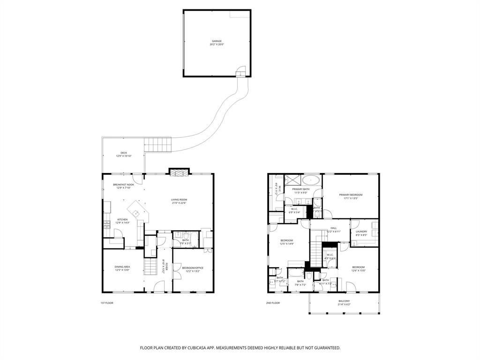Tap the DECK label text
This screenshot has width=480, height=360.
[123, 153]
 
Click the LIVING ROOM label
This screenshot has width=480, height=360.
[179, 201]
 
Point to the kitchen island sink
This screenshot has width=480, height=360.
[137, 213]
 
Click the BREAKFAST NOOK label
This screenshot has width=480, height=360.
[123, 186]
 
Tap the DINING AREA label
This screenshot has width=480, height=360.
[123, 268]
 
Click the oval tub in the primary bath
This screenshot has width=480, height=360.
[311, 180]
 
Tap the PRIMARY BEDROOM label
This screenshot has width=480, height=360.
[351, 196]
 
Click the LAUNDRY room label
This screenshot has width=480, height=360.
[361, 232]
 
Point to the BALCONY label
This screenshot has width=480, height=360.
[344, 302]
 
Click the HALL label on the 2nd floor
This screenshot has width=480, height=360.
[333, 230]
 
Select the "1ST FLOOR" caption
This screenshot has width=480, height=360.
[107, 303]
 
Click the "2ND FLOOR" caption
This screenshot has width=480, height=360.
[273, 303]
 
